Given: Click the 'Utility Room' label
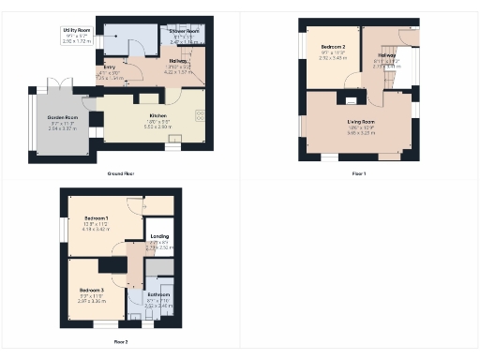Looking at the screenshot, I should pyautogui.click(x=76, y=30).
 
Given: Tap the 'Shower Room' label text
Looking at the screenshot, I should pyautogui.click(x=183, y=31).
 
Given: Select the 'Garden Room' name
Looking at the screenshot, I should pyautogui.click(x=64, y=117).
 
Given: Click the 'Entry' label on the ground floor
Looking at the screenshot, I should pyautogui.click(x=110, y=68).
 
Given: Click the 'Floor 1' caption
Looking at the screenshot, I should pyautogui.click(x=358, y=174).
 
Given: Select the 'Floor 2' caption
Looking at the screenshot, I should pyautogui.click(x=121, y=342).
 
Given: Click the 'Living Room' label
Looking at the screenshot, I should pyautogui.click(x=361, y=122).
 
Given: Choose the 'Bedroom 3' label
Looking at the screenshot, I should pyautogui.click(x=91, y=291).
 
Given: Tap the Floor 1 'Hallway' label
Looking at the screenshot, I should pyautogui.click(x=387, y=55).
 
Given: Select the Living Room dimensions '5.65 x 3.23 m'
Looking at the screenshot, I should pyautogui.click(x=361, y=134).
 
